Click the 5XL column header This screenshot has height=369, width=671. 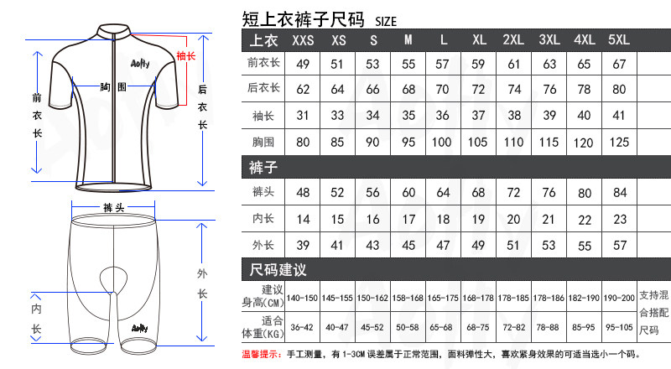(x=619, y=40)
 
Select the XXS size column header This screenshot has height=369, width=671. (x=303, y=40)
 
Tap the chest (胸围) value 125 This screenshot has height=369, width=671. (x=619, y=142)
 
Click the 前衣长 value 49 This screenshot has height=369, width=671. (x=303, y=64)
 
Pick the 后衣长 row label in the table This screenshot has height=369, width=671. (x=263, y=89)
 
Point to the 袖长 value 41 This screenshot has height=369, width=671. (x=619, y=116)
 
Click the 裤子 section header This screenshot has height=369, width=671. (x=264, y=168)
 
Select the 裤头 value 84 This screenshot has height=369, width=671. (x=619, y=194)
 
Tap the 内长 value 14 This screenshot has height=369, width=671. (x=303, y=220)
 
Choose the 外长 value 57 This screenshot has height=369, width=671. (x=619, y=246)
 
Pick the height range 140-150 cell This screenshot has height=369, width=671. (x=303, y=298)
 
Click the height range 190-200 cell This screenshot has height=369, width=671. (x=619, y=298)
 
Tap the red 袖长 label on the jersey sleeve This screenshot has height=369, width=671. (x=185, y=56)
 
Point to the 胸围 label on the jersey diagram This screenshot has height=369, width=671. (x=112, y=87)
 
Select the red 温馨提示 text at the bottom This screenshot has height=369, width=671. (x=261, y=355)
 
